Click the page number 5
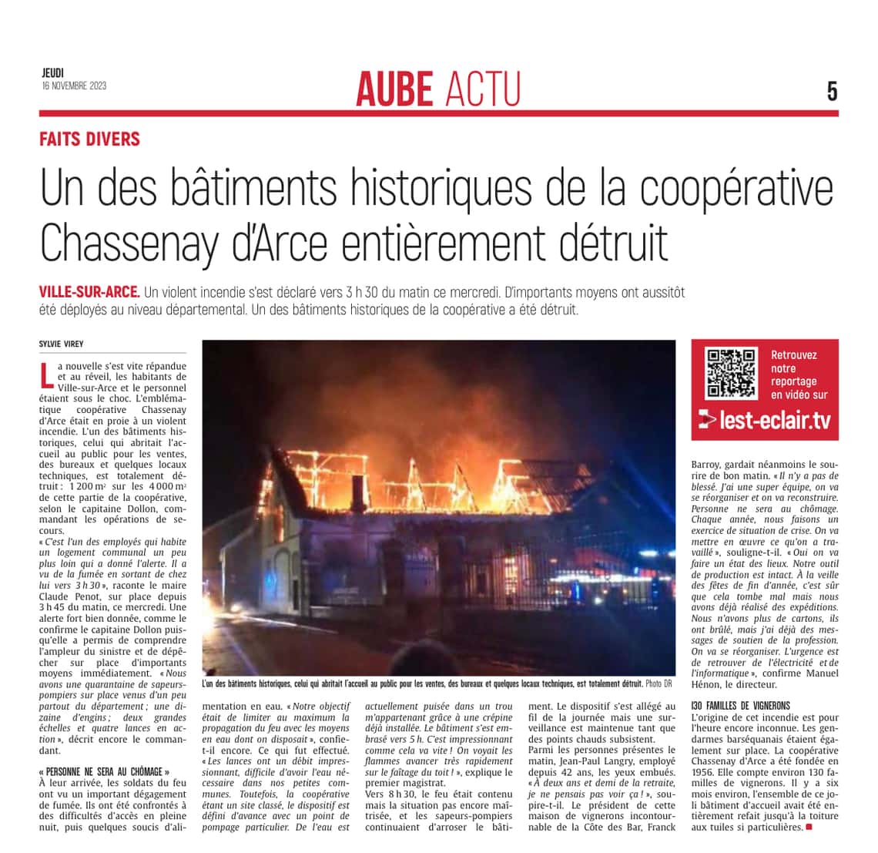[832, 92]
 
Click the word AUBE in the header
[395, 89]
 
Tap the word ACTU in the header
[483, 89]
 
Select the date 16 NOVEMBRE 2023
[74, 86]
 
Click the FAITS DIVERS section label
[90, 139]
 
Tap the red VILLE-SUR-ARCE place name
[89, 293]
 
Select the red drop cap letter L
[47, 373]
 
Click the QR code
[731, 373]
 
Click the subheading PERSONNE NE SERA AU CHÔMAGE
[102, 771]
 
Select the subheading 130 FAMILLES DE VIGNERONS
[740, 705]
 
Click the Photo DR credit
[658, 683]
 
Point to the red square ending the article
[809, 827]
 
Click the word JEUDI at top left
[53, 73]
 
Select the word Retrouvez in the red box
[793, 355]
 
